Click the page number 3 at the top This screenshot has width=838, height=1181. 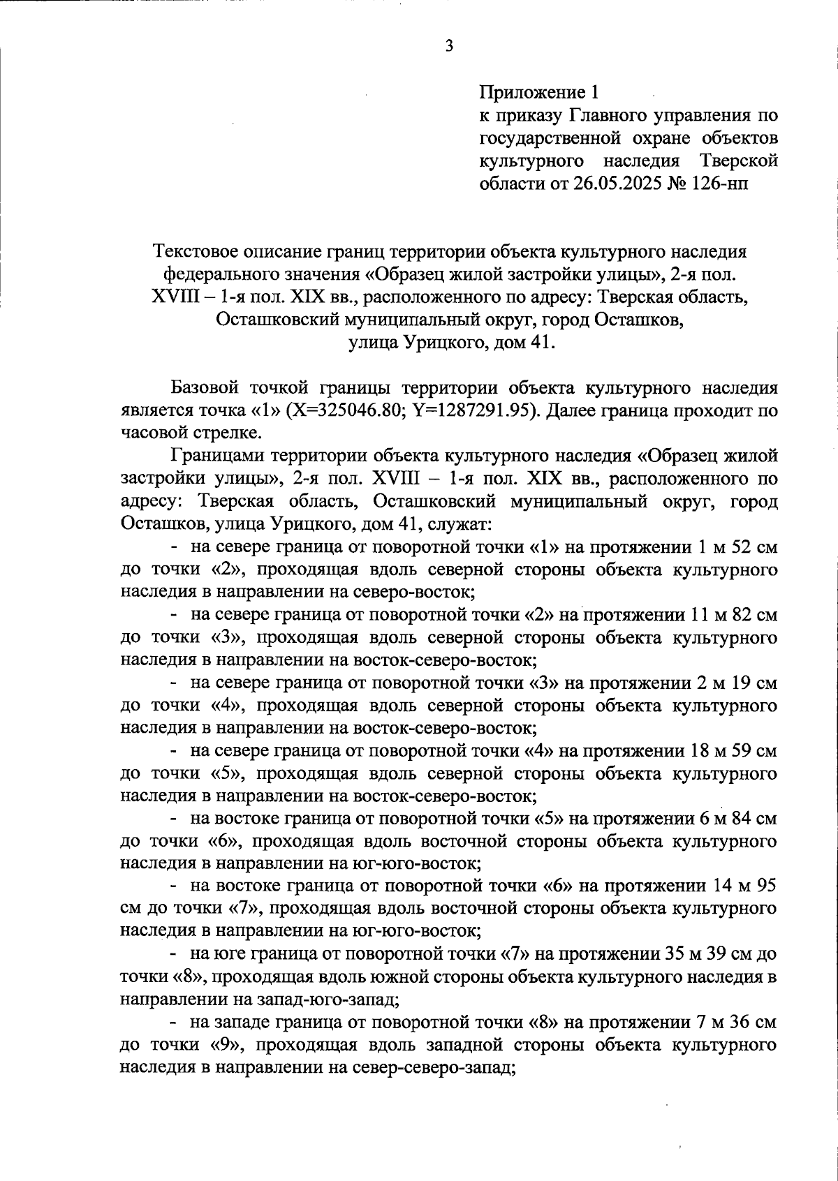449,47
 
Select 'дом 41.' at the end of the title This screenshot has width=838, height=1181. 522,343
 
